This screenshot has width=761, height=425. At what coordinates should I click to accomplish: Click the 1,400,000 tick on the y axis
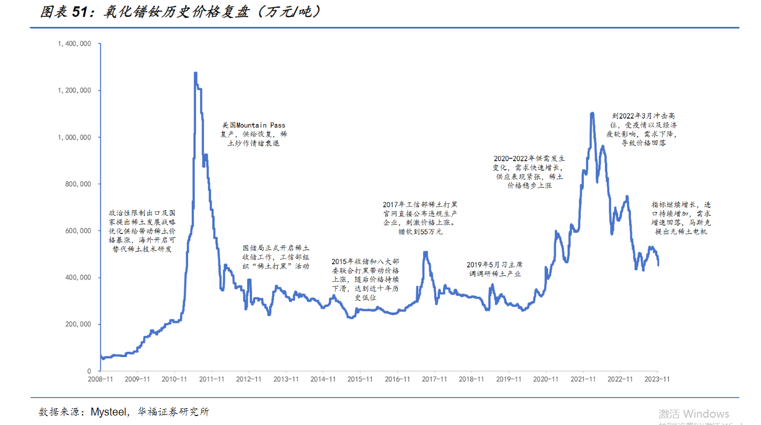74,44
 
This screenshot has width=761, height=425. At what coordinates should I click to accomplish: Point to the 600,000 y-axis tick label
78,231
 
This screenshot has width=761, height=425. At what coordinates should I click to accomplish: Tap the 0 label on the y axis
89,371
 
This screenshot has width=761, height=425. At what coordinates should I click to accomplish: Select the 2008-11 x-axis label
100,379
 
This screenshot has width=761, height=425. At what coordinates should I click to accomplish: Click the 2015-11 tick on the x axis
360,379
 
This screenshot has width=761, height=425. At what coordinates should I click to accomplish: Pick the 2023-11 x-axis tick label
657,379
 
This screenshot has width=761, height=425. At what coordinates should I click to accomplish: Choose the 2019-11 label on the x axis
509,379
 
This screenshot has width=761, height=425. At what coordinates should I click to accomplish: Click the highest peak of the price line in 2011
196,73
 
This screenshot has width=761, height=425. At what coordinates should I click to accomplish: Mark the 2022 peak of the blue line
592,113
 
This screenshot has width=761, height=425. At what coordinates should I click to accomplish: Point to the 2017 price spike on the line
425,252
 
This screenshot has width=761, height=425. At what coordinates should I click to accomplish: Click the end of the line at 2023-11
658,265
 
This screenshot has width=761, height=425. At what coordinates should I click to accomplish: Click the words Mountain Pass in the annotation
260,125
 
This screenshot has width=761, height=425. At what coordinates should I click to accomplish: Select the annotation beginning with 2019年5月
495,269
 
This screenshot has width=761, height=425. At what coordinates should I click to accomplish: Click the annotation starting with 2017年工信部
420,218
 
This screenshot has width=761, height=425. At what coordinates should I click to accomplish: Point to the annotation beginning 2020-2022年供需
529,172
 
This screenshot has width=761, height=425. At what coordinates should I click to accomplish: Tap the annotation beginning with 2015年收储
365,279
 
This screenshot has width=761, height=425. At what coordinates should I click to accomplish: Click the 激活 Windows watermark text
694,414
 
